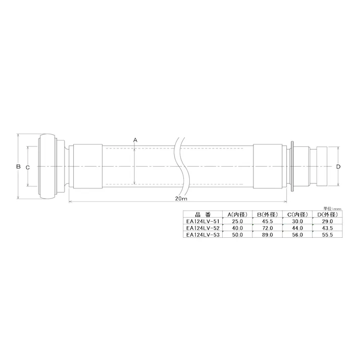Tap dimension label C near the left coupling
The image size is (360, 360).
pyautogui.click(x=28, y=167)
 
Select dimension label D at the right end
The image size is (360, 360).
pyautogui.click(x=338, y=167)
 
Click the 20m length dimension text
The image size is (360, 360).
pyautogui.click(x=181, y=199)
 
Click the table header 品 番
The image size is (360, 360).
pyautogui.click(x=200, y=215)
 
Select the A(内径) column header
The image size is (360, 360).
pyautogui.click(x=237, y=215)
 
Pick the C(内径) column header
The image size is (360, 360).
pyautogui.click(x=297, y=215)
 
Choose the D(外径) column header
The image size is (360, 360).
pyautogui.click(x=327, y=215)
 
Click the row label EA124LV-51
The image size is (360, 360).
pyautogui.click(x=202, y=221)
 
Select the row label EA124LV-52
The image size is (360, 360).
pyautogui.click(x=202, y=228)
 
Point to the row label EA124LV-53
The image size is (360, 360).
pyautogui.click(x=202, y=234)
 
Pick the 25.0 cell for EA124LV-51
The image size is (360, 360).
pyautogui.click(x=237, y=221)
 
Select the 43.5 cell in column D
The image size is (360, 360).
pyautogui.click(x=327, y=228)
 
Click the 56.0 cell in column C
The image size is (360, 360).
pyautogui.click(x=297, y=234)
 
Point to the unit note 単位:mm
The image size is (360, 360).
pyautogui.click(x=332, y=208)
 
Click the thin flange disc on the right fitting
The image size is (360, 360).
pyautogui.click(x=292, y=167)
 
